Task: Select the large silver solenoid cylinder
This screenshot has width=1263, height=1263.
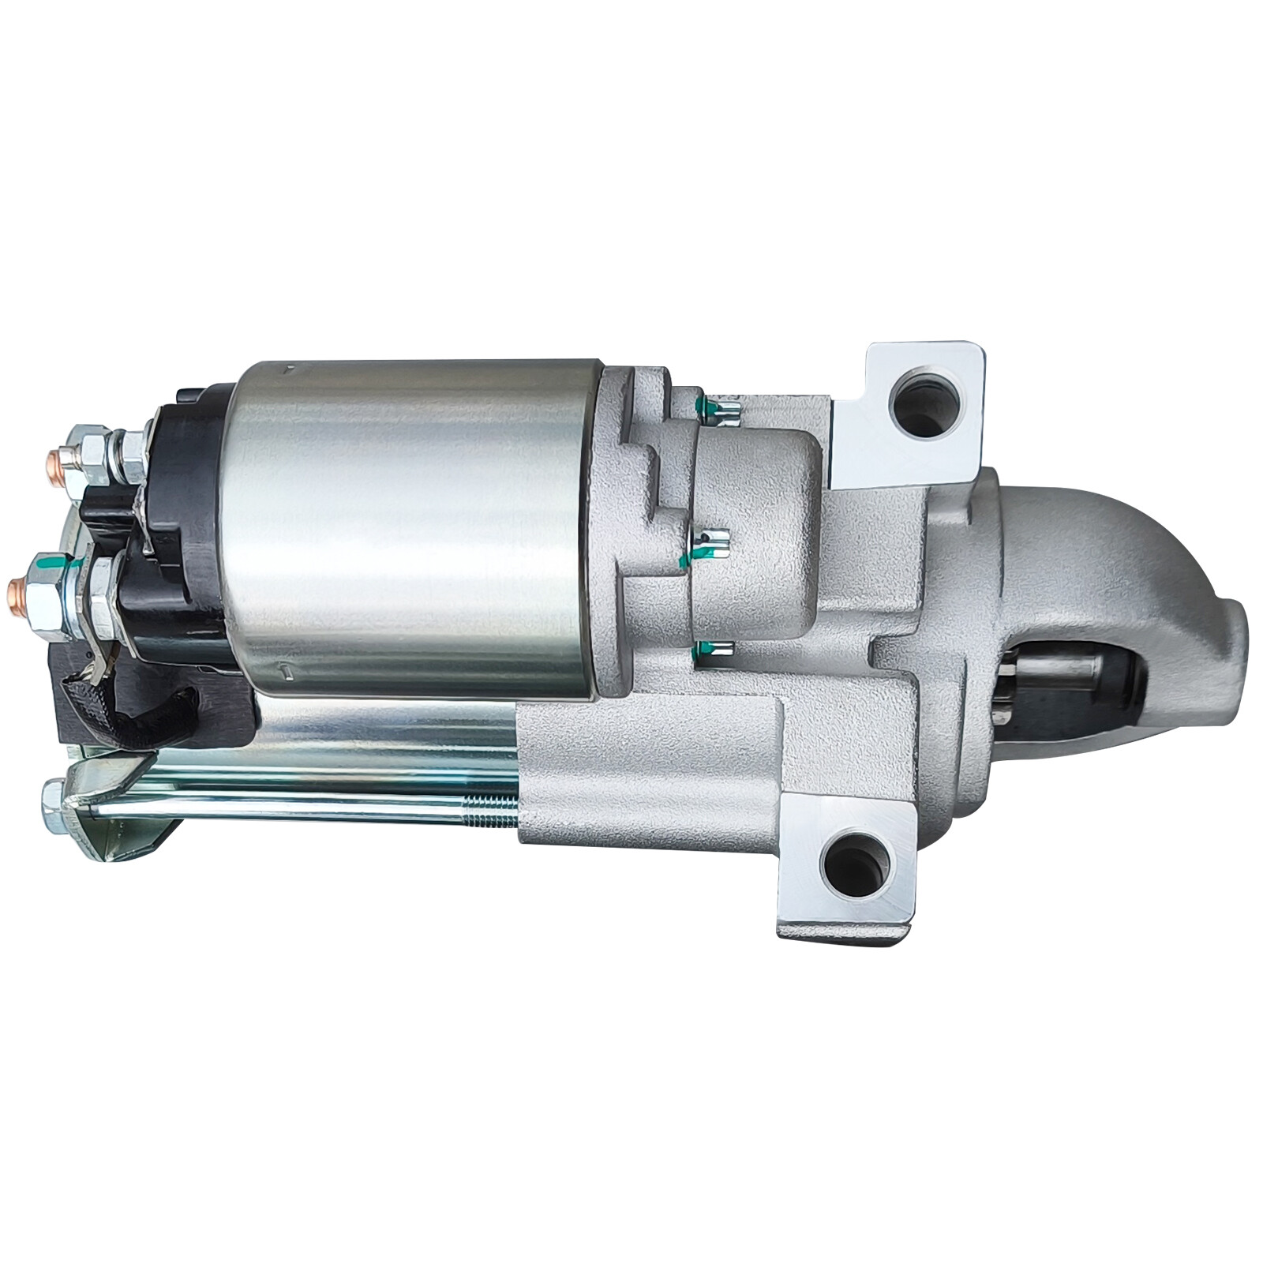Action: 410,529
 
